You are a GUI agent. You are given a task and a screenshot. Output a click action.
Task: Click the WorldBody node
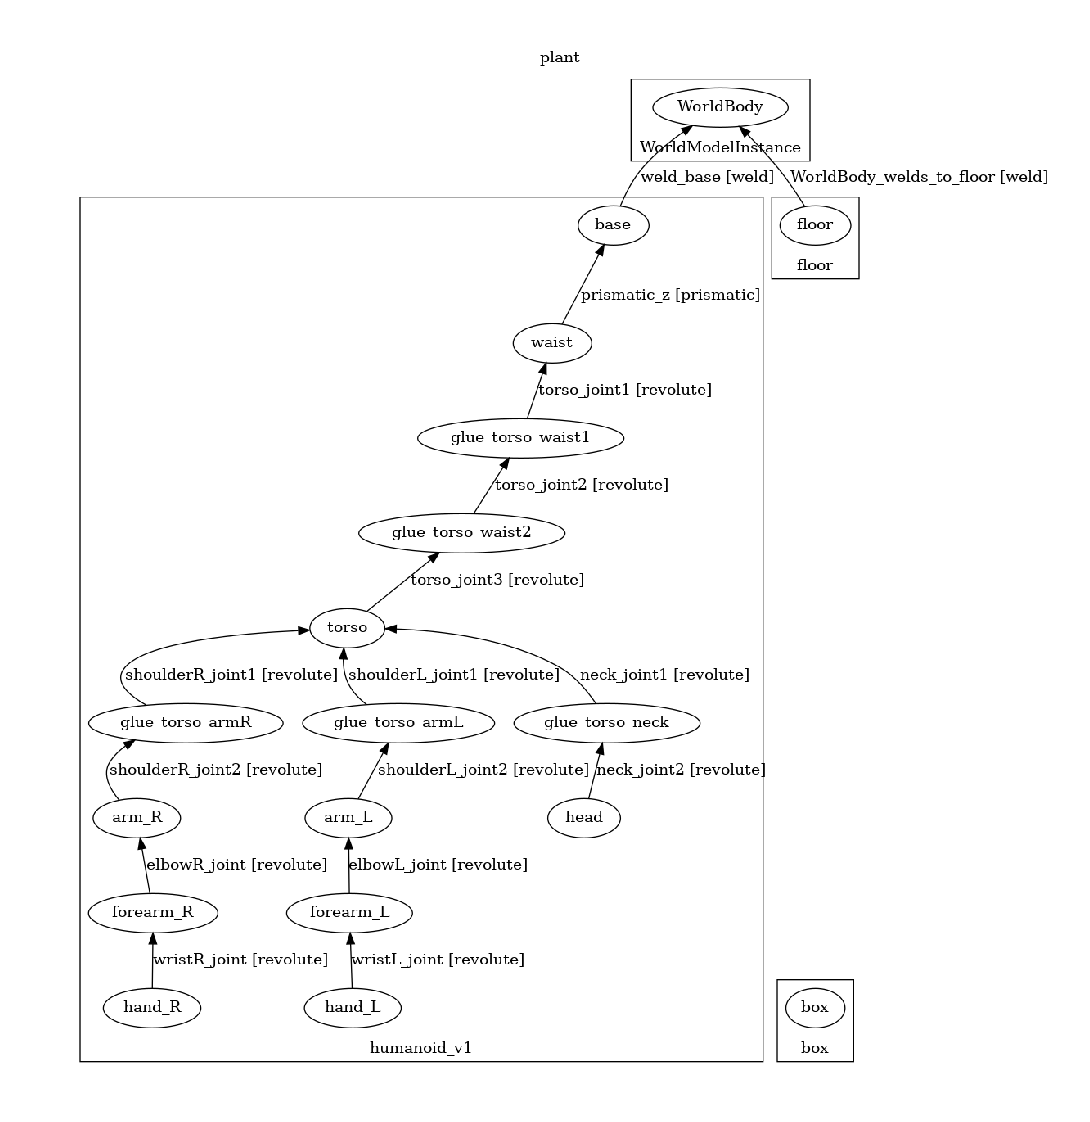point(720,107)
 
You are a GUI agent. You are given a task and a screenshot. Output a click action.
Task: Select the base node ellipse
point(613,225)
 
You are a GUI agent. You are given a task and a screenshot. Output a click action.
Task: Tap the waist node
point(552,343)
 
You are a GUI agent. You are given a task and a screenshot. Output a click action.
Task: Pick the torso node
point(347,628)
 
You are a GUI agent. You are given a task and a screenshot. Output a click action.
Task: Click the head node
point(584,818)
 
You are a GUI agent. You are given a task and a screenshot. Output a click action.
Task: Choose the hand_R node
point(152,1007)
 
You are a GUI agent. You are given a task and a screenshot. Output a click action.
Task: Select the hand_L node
point(352,1007)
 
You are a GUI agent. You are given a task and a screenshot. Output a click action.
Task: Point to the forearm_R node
point(152,912)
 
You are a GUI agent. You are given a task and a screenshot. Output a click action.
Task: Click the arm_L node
point(347,818)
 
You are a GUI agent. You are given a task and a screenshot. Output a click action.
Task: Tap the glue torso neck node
point(606,722)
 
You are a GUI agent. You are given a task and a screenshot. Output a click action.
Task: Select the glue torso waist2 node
point(461,533)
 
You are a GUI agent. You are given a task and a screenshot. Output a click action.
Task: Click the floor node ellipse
point(815,225)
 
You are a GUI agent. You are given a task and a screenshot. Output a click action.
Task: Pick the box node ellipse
point(815,1007)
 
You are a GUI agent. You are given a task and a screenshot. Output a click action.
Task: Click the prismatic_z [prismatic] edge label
point(670,295)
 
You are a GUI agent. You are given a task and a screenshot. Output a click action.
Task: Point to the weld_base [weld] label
point(706,177)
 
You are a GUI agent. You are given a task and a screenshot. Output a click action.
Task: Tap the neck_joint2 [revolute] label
point(680,770)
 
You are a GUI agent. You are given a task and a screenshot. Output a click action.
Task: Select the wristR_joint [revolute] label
point(240,960)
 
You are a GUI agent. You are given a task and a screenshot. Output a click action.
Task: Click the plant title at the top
point(560,57)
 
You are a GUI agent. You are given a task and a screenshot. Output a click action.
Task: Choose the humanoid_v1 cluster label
point(421,1048)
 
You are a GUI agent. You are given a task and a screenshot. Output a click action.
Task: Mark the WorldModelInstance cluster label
point(720,148)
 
